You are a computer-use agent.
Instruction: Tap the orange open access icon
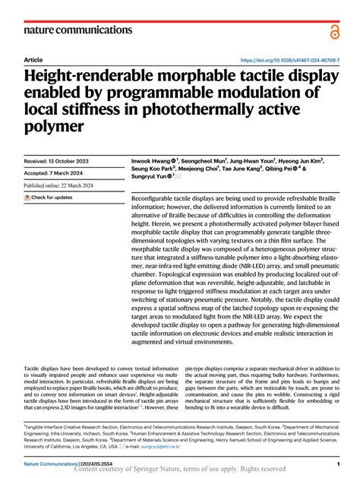334,30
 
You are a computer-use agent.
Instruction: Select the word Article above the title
33,59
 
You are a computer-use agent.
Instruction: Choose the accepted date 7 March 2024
57,173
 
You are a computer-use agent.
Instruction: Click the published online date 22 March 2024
69,185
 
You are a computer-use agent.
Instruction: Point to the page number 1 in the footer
336,463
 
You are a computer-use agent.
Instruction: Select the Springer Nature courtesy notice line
180,470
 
